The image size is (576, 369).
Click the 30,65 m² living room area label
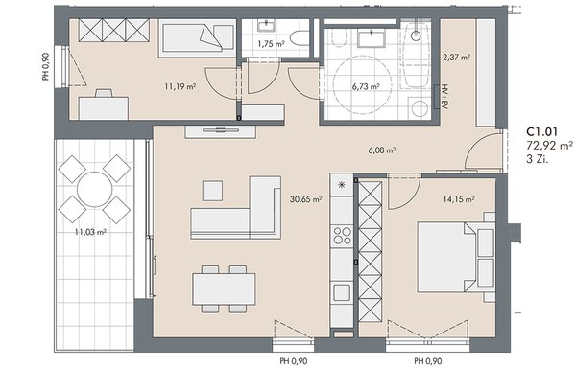click(306, 199)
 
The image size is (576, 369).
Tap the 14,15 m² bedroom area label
click(459, 199)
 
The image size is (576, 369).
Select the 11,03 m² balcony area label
click(90, 232)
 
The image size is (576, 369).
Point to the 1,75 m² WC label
click(271, 44)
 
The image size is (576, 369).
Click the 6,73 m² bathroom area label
click(366, 87)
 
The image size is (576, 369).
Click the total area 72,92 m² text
click(549, 146)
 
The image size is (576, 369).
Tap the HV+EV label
click(445, 97)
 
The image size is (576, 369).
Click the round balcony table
click(95, 189)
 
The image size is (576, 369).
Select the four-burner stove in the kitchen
click(342, 236)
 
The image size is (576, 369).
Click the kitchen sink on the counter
click(342, 292)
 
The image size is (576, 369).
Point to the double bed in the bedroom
click(456, 258)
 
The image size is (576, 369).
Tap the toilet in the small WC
click(300, 38)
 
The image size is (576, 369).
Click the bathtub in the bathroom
click(416, 55)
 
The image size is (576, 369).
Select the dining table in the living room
click(224, 288)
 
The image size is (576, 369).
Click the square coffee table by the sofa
click(212, 191)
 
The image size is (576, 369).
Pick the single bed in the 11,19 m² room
click(197, 38)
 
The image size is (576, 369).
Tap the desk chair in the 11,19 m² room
click(104, 93)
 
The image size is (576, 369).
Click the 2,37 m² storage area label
click(457, 58)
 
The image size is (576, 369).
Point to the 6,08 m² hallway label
click(382, 150)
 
